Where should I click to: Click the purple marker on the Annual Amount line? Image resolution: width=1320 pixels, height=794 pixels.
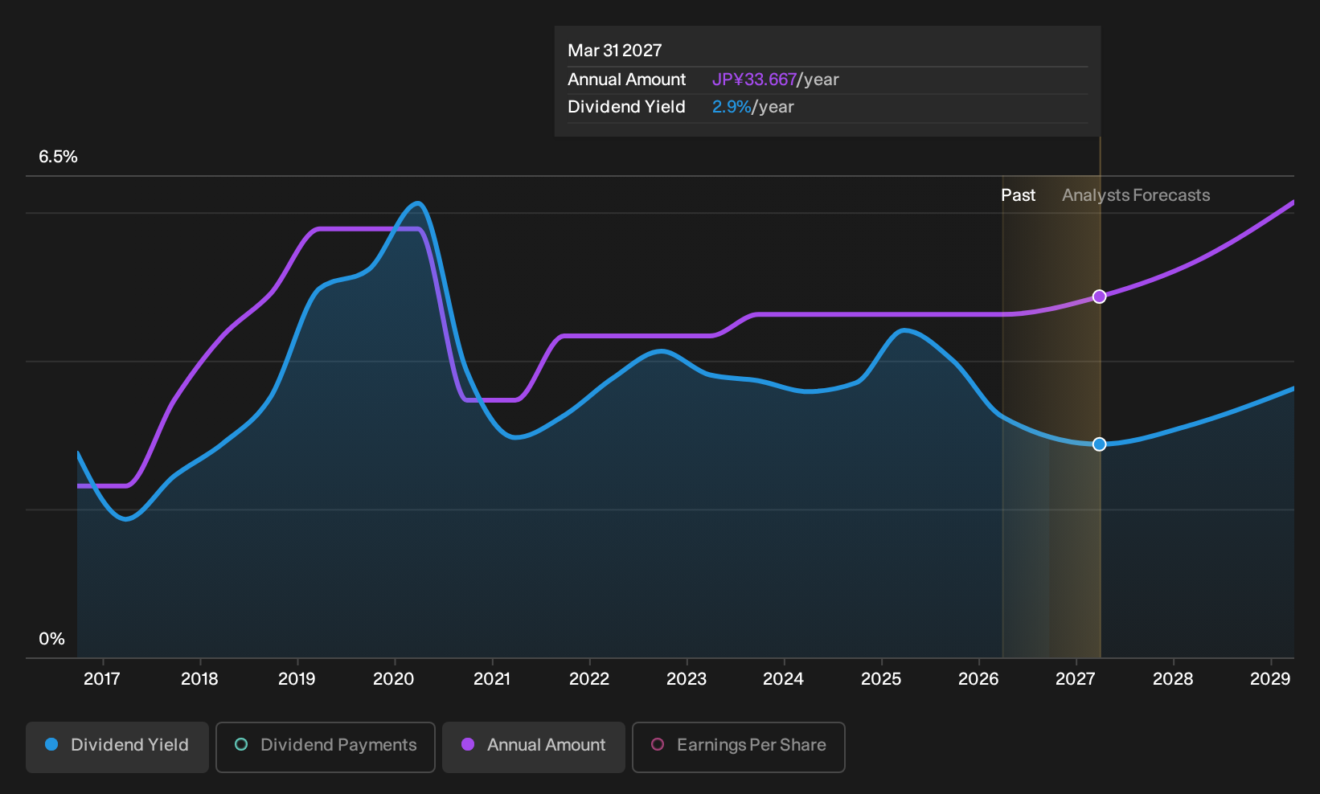pyautogui.click(x=1099, y=297)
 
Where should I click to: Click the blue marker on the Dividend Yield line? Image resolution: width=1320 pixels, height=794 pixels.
pyautogui.click(x=1099, y=444)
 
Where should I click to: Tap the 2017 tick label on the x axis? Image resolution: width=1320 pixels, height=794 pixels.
pyautogui.click(x=102, y=679)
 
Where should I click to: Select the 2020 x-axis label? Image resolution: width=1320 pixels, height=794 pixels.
pyautogui.click(x=394, y=679)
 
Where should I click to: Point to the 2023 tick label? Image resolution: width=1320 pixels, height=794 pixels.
pyautogui.click(x=687, y=679)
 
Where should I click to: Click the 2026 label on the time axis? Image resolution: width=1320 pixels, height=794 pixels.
pyautogui.click(x=978, y=679)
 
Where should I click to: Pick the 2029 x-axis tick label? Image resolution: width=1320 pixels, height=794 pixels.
pyautogui.click(x=1270, y=679)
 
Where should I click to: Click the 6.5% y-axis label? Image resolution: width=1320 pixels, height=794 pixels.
pyautogui.click(x=58, y=157)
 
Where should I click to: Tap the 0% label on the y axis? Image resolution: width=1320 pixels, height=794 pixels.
pyautogui.click(x=52, y=639)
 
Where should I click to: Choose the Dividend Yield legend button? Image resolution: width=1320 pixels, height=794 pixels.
pyautogui.click(x=117, y=747)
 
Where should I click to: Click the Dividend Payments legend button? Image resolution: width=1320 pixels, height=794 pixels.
pyautogui.click(x=326, y=747)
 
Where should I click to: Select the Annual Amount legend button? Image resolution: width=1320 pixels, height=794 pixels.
pyautogui.click(x=533, y=747)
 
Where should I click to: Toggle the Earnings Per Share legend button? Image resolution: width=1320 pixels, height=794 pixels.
pyautogui.click(x=738, y=747)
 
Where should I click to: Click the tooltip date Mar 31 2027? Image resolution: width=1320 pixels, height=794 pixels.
pyautogui.click(x=615, y=51)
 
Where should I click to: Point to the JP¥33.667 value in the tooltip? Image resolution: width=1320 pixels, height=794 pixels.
pyautogui.click(x=754, y=80)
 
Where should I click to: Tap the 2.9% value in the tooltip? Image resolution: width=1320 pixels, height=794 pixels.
pyautogui.click(x=732, y=107)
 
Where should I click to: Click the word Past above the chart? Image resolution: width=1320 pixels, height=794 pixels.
pyautogui.click(x=1019, y=195)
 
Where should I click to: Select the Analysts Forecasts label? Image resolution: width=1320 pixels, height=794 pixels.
pyautogui.click(x=1136, y=195)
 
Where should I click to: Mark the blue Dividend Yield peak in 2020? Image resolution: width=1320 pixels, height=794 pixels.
pyautogui.click(x=417, y=204)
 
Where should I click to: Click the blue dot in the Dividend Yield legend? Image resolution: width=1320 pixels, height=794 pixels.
pyautogui.click(x=52, y=744)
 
